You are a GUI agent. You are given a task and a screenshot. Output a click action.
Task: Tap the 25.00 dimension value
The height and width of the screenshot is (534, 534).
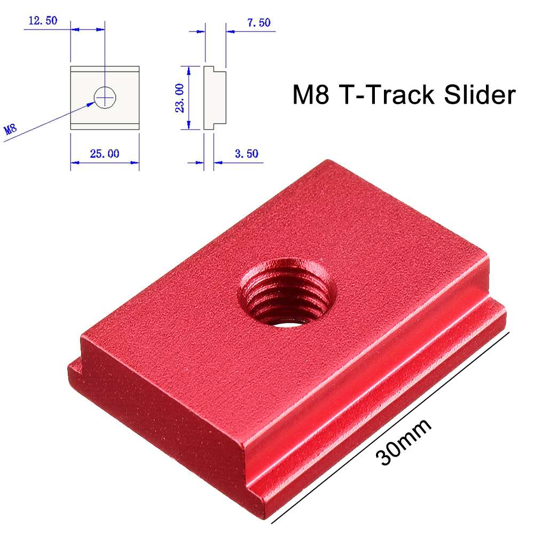105,154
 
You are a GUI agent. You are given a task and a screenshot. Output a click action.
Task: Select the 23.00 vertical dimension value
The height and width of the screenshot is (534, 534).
180,98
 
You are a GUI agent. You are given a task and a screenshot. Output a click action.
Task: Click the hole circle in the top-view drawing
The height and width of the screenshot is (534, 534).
105,97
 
